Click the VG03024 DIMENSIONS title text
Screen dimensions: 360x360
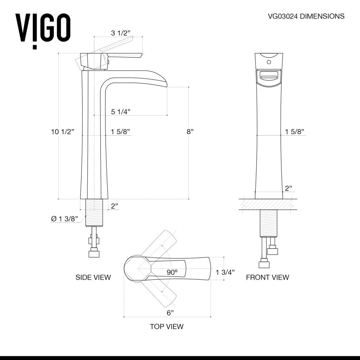point(306,16)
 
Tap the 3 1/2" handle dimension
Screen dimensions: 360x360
point(121,33)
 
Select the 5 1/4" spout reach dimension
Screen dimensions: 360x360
point(120,112)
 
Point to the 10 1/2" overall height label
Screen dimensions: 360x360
point(62,132)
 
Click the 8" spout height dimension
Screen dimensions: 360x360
point(189,132)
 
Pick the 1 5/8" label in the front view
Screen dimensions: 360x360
point(295,132)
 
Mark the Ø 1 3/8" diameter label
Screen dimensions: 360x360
point(65,219)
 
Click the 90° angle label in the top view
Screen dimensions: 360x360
point(172,272)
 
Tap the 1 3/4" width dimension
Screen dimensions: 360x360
point(225,272)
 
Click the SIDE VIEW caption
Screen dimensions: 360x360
point(93,277)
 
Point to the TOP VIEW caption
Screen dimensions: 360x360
point(167,327)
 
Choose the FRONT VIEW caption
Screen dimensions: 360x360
point(267,277)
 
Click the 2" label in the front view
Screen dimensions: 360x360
point(288,188)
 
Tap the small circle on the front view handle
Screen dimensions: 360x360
point(269,62)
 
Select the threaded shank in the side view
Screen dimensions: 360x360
point(94,212)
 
